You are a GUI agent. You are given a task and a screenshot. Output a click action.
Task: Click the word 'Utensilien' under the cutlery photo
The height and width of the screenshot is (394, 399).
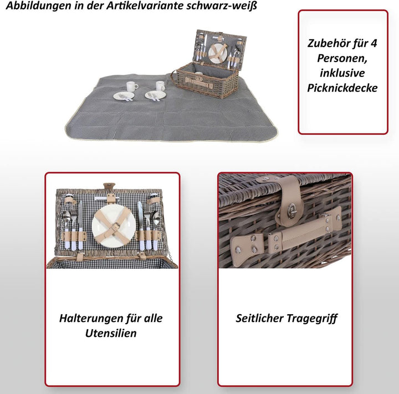pyautogui.click(x=110, y=333)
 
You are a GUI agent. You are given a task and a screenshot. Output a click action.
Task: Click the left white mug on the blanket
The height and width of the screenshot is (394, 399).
pyautogui.click(x=132, y=86)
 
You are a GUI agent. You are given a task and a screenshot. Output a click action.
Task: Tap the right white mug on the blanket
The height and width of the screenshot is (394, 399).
pyautogui.click(x=160, y=86)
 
